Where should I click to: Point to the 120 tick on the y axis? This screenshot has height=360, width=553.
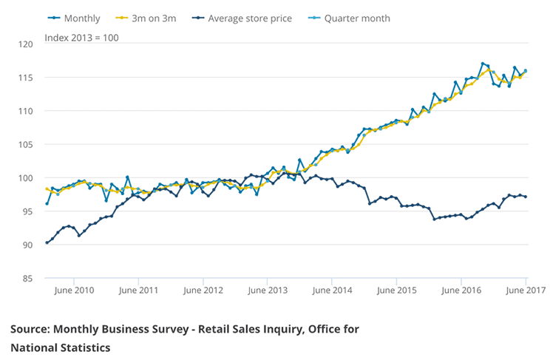click(27, 44)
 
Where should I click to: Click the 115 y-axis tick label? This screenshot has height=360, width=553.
click(27, 78)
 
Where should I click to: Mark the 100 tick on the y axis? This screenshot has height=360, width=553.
click(27, 178)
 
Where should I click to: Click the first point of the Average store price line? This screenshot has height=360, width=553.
click(47, 242)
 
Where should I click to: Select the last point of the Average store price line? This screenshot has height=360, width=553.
click(526, 197)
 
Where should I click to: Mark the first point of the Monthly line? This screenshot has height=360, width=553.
click(47, 203)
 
